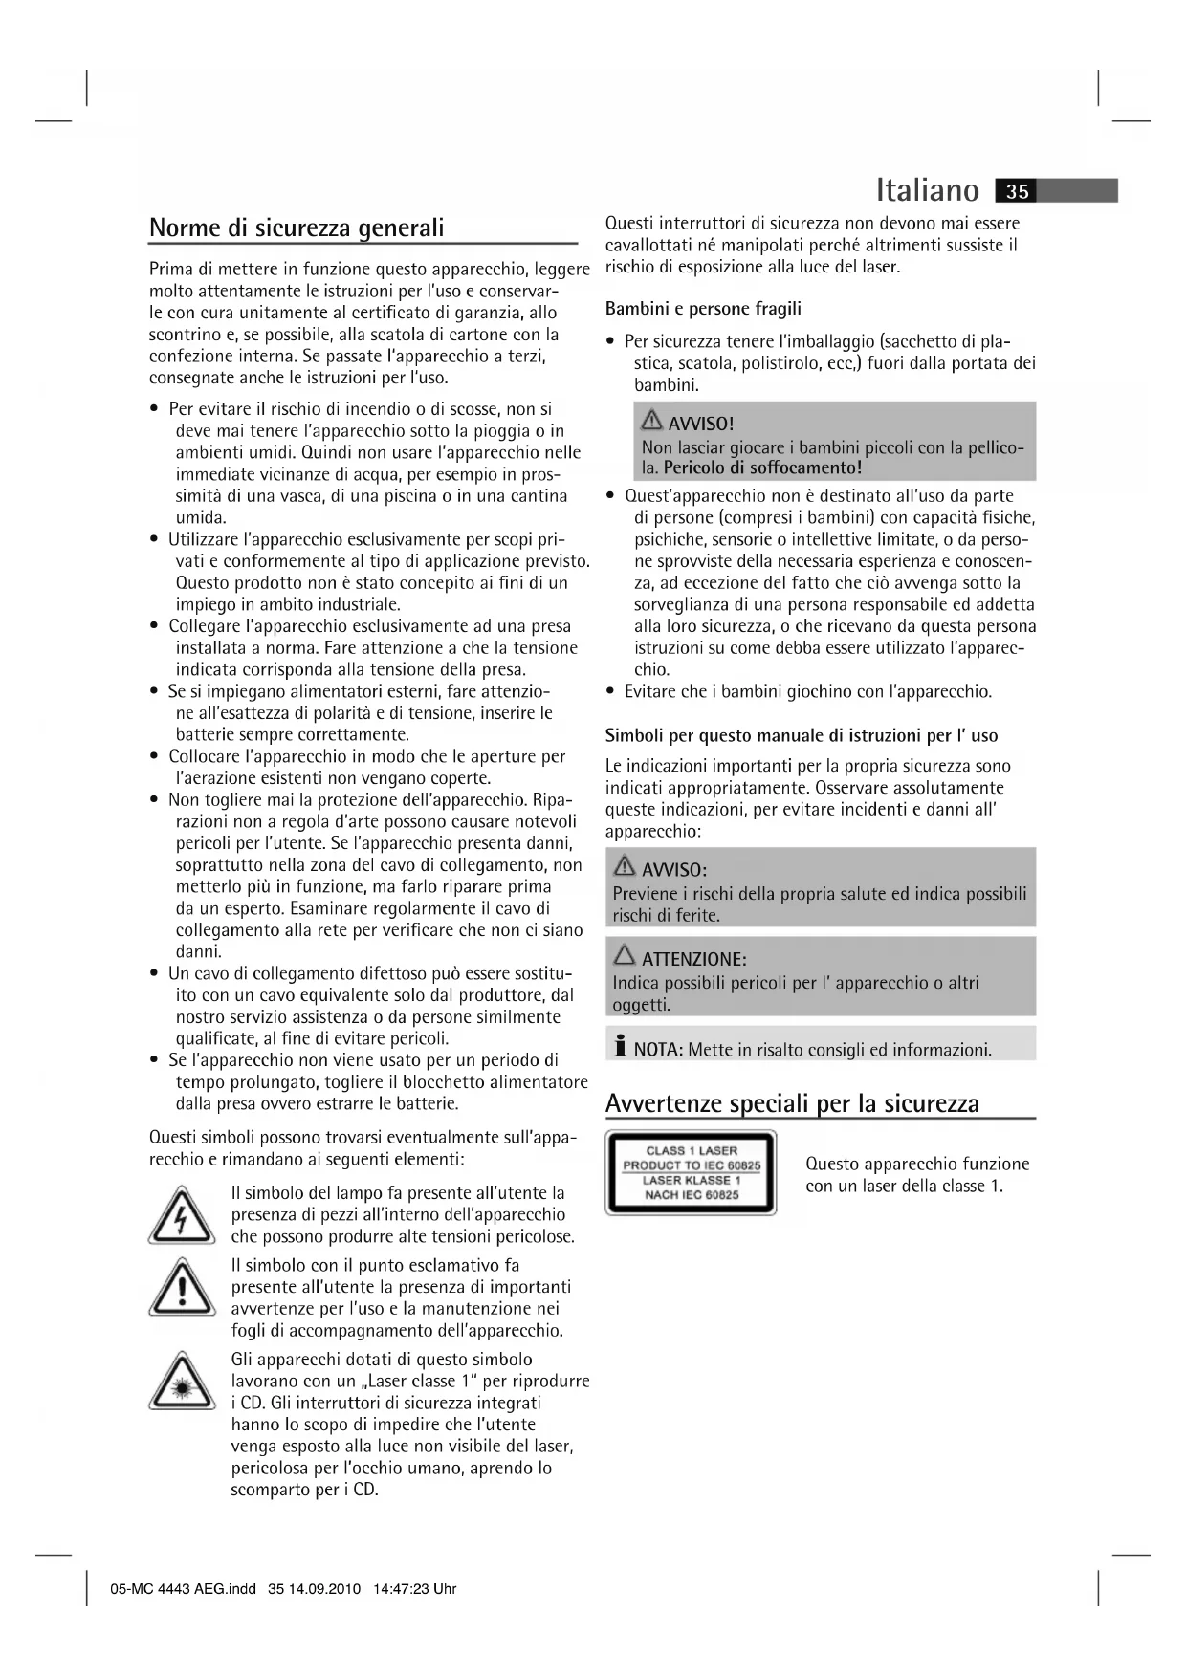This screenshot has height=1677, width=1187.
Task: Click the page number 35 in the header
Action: pyautogui.click(x=1018, y=191)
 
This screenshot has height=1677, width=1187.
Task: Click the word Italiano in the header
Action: pyautogui.click(x=927, y=190)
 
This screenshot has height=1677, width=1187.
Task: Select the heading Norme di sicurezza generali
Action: pyautogui.click(x=297, y=228)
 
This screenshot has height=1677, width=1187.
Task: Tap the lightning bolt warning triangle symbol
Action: pyautogui.click(x=182, y=1216)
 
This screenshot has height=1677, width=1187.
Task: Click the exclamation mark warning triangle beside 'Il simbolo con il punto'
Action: pyautogui.click(x=182, y=1288)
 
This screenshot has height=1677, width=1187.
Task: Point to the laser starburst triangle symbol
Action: pyautogui.click(x=182, y=1383)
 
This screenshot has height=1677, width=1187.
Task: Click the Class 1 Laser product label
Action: pyautogui.click(x=691, y=1172)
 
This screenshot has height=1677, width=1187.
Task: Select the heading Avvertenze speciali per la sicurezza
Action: pyautogui.click(x=792, y=1103)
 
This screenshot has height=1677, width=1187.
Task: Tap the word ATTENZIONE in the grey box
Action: pyautogui.click(x=693, y=959)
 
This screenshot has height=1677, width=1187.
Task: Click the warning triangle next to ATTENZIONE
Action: pyautogui.click(x=625, y=955)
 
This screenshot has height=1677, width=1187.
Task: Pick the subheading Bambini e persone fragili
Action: pyautogui.click(x=703, y=309)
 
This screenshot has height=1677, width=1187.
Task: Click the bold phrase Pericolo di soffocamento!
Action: pyautogui.click(x=762, y=468)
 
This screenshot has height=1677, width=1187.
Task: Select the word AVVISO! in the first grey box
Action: pyautogui.click(x=701, y=424)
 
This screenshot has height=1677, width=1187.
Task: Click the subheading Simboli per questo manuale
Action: pyautogui.click(x=801, y=735)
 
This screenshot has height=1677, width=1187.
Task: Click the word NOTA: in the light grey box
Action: pyautogui.click(x=658, y=1050)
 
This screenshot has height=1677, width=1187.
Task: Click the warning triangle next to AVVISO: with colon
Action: pyautogui.click(x=624, y=866)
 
